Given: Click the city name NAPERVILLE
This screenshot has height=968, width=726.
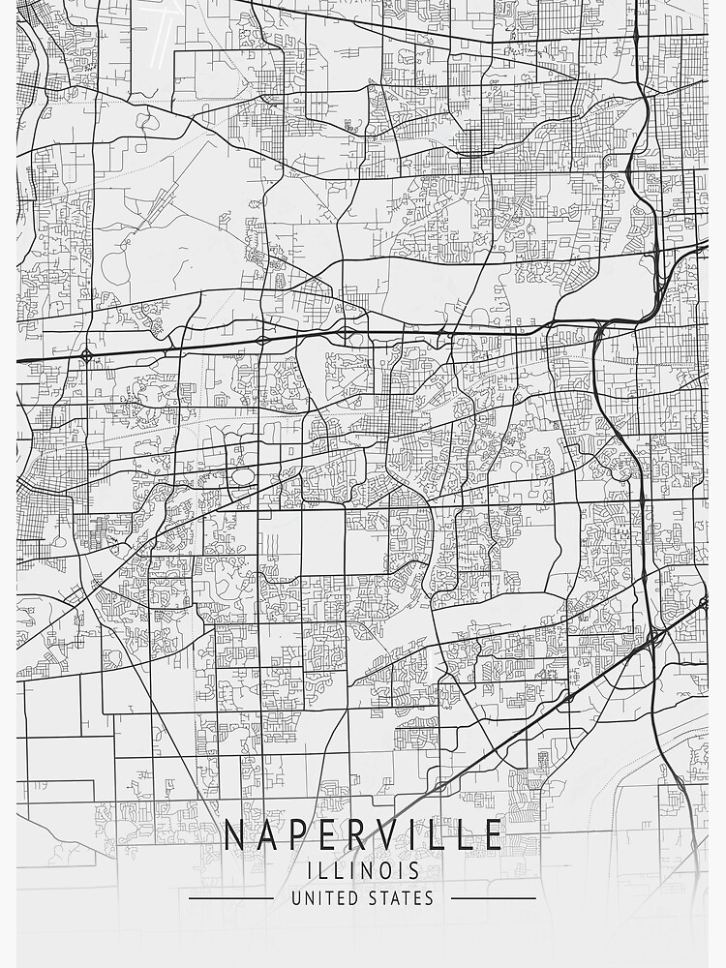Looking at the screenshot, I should (x=363, y=834).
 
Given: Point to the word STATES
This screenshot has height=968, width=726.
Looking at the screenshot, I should (x=401, y=898).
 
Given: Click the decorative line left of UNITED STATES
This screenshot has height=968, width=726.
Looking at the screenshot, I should (x=231, y=898).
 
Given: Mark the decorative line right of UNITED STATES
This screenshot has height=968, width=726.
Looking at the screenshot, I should (x=493, y=898).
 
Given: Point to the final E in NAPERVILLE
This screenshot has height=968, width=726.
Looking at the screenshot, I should (x=493, y=834).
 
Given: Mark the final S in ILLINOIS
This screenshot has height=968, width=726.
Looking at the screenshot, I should (x=415, y=870).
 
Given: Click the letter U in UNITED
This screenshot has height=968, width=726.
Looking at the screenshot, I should (x=296, y=898).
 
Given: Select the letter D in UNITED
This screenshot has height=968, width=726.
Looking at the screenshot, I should (x=351, y=898).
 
